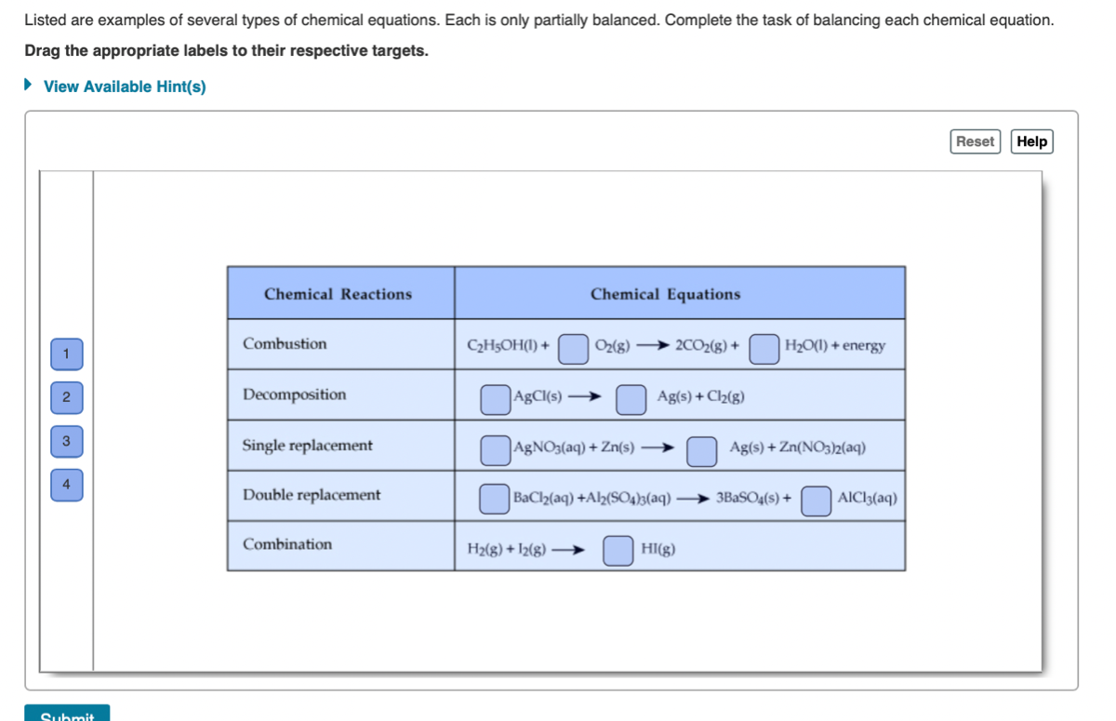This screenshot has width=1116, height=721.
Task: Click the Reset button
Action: pos(975,141)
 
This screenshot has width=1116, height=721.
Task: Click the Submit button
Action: pos(67,714)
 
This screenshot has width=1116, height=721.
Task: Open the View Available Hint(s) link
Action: pos(125,87)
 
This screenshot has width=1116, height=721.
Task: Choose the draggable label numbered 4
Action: pos(67,485)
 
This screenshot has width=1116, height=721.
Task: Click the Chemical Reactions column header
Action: pos(338,294)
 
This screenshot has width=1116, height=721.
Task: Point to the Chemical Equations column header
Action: pos(665,294)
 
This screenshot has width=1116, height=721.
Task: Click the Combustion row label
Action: pos(285,344)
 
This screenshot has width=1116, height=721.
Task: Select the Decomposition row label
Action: pos(294,394)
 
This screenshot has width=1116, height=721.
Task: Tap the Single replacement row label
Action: pos(307,446)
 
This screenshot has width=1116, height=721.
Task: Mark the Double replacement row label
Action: pos(312,495)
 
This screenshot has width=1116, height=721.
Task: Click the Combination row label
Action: pos(287,544)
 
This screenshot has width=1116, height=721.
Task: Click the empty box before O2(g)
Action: pos(574,348)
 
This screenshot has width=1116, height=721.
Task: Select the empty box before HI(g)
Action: pos(618,550)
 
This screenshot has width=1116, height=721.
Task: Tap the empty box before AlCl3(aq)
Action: pos(817,500)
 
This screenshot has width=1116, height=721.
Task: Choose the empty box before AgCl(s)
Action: pos(495,399)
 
